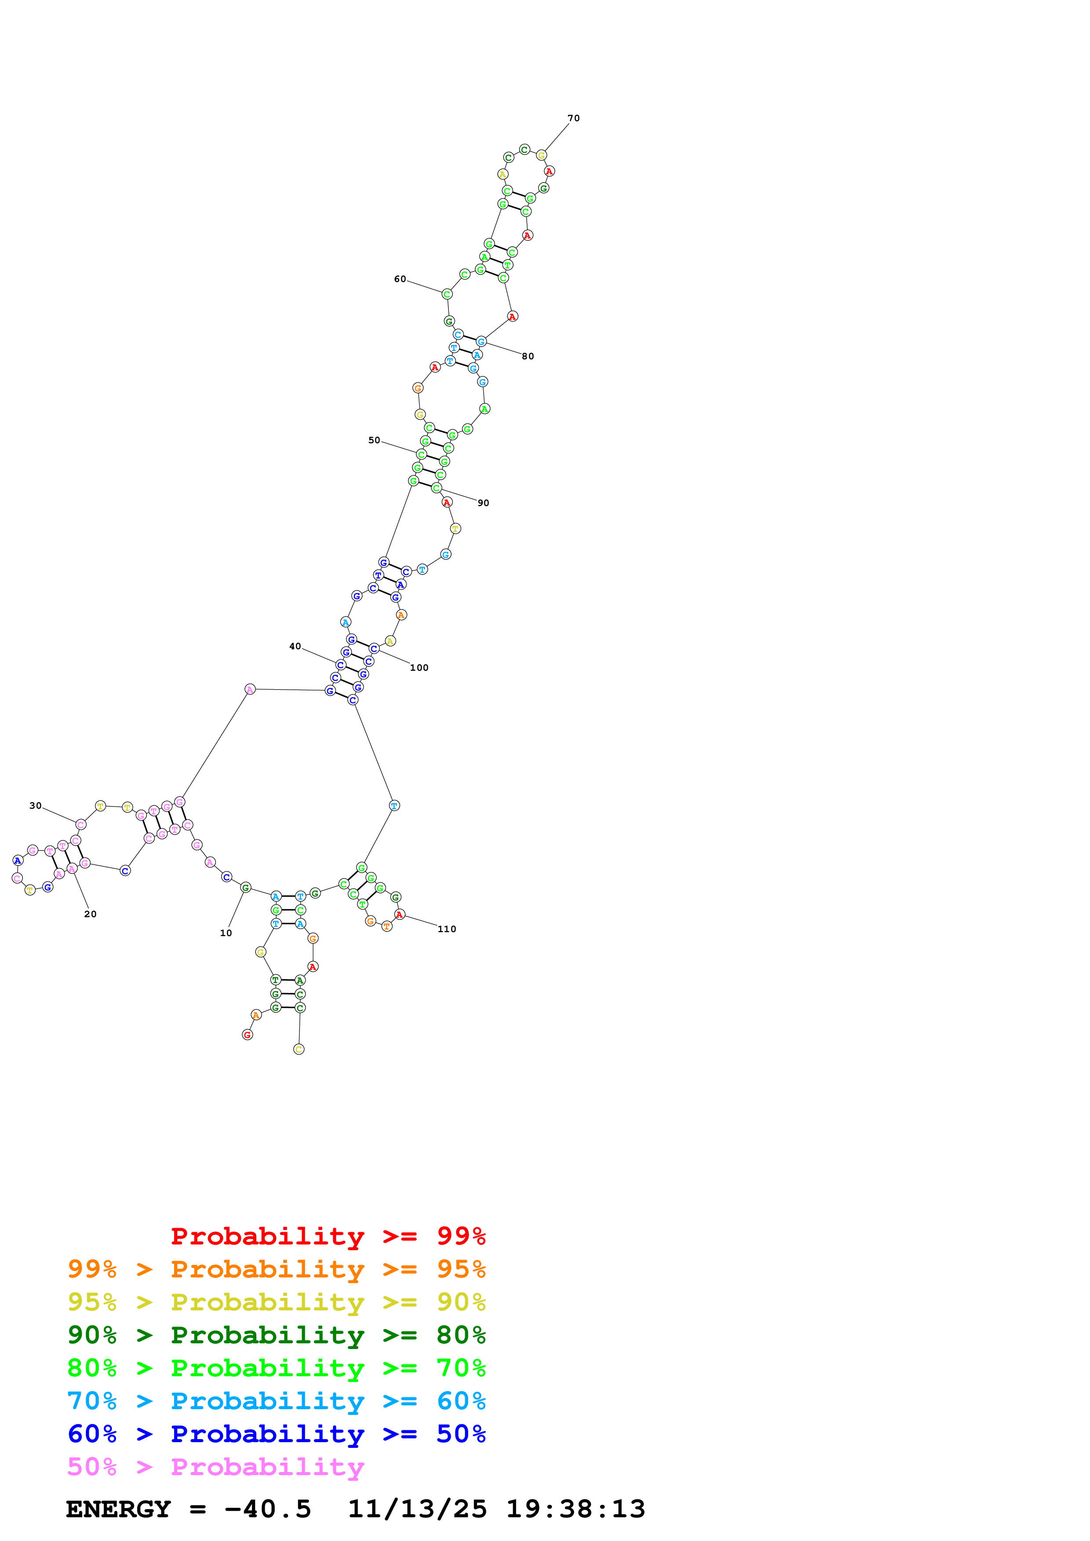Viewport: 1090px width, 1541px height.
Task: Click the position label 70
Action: [x=573, y=118]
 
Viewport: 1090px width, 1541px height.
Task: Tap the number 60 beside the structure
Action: [x=400, y=279]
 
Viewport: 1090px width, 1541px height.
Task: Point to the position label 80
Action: [x=528, y=356]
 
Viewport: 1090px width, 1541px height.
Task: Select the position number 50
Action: [x=374, y=440]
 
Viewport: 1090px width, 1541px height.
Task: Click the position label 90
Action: [x=483, y=503]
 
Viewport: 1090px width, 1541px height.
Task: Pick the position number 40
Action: [x=295, y=646]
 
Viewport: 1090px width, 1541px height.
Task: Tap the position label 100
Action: [x=419, y=668]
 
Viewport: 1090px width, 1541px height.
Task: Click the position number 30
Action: [x=36, y=805]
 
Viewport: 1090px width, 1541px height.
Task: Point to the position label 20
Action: [x=91, y=914]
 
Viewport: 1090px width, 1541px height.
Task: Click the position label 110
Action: [x=447, y=929]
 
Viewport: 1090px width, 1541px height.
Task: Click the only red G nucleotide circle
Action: [x=247, y=1035]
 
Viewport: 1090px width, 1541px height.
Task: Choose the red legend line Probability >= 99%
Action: [x=328, y=1236]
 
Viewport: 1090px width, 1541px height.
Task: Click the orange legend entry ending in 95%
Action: [x=276, y=1269]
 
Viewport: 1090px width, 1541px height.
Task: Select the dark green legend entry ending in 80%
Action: [x=276, y=1335]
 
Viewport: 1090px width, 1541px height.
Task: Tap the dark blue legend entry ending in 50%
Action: [x=276, y=1434]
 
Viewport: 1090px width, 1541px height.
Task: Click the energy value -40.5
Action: [x=267, y=1509]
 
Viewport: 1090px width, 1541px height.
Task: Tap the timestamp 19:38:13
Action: [x=576, y=1509]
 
